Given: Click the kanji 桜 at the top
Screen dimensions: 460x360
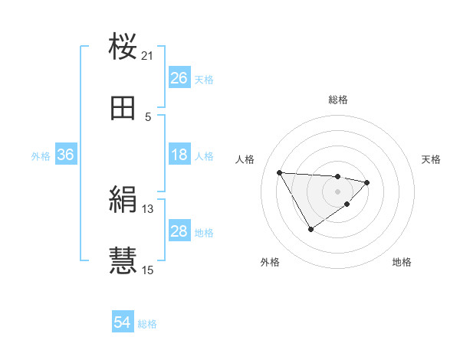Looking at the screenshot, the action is click(x=123, y=47).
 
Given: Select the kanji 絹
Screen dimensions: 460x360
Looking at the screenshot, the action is click(x=123, y=201).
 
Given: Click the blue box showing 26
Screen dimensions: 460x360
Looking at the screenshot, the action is click(x=179, y=78).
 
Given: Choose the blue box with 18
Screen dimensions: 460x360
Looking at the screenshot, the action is click(x=179, y=155).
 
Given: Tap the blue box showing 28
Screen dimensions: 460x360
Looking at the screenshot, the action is click(x=179, y=231).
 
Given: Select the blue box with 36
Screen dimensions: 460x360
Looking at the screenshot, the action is click(x=65, y=155).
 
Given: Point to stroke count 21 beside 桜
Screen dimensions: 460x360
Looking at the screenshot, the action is click(x=148, y=56).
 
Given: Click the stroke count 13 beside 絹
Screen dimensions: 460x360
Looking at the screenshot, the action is click(x=148, y=209).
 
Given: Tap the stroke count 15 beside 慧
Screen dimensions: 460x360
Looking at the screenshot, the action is click(x=148, y=270).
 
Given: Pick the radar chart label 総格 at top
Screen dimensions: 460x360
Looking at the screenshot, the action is click(x=338, y=100).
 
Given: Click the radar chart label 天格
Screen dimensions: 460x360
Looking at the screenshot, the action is click(x=432, y=159).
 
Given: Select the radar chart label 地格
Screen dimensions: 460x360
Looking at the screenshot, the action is click(x=402, y=262).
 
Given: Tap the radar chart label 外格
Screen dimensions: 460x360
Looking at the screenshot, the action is click(x=270, y=262).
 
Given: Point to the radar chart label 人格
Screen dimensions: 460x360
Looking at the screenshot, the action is click(x=245, y=159).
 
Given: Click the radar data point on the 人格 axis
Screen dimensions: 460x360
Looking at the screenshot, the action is click(x=280, y=172).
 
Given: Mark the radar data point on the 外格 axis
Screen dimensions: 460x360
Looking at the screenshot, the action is click(x=310, y=229).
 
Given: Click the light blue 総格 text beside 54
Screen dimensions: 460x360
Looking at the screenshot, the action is click(x=147, y=324).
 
